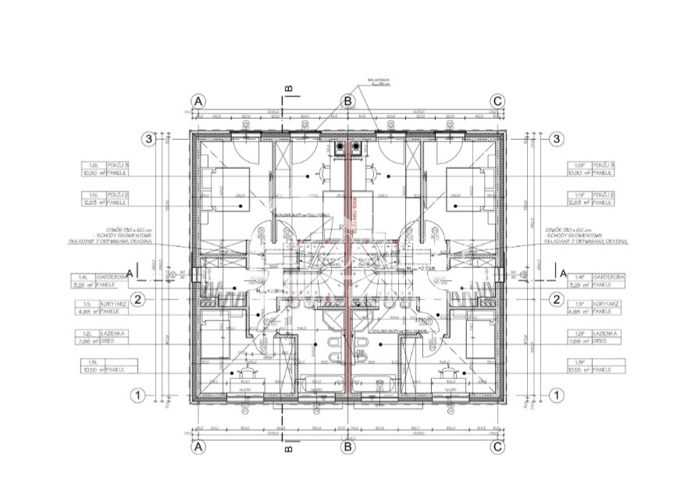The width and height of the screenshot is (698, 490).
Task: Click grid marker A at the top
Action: click(198, 102)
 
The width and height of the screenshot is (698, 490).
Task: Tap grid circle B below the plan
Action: click(348, 447)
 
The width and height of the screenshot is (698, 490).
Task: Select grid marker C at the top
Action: click(497, 102)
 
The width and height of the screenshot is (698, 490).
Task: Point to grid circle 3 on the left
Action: click(148, 139)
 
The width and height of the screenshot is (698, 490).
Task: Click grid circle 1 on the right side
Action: click(557, 395)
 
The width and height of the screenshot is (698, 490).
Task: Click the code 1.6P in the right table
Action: click(578, 166)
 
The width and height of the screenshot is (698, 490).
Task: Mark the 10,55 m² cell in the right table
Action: click(579, 369)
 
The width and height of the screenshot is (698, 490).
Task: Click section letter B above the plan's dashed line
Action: click(288, 89)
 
